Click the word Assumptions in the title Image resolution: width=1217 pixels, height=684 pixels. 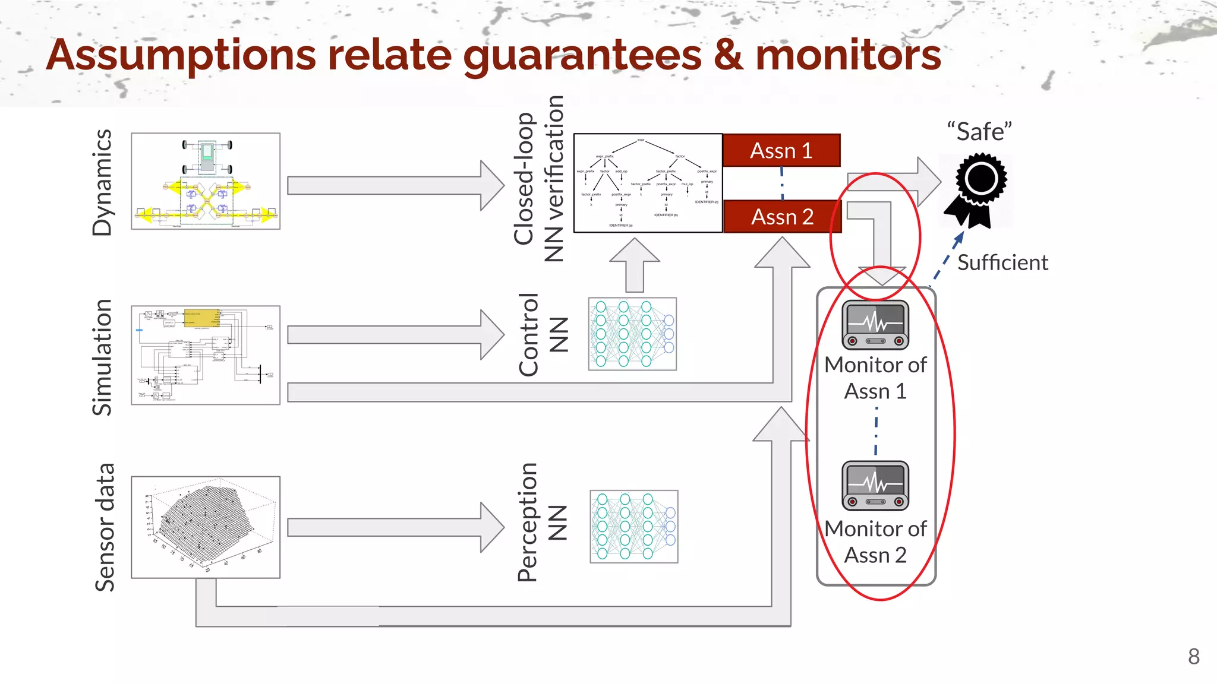[181, 55]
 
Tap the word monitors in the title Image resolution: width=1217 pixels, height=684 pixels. [848, 55]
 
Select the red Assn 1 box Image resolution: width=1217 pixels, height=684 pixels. [781, 151]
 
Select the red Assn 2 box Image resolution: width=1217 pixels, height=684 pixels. [782, 217]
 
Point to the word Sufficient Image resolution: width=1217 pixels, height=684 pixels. [1002, 262]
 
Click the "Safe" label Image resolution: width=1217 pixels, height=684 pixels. [979, 131]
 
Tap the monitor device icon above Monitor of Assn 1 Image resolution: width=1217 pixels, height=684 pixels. [875, 325]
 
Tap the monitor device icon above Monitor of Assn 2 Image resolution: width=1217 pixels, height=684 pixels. [875, 485]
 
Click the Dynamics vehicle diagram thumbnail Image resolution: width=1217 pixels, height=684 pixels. [206, 181]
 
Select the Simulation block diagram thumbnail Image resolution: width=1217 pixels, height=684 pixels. [206, 355]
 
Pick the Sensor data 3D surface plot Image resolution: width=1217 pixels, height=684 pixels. [206, 527]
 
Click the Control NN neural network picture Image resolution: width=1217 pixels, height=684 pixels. [632, 334]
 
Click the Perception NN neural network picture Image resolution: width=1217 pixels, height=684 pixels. [633, 527]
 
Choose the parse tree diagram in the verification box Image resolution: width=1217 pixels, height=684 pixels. [648, 183]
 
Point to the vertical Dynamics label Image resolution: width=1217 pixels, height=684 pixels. [102, 182]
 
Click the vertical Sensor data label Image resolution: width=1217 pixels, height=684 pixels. [105, 527]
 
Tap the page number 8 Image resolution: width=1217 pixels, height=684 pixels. [1193, 657]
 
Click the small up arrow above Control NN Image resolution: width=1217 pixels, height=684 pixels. [635, 265]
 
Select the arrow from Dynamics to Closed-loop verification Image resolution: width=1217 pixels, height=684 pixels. [395, 185]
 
